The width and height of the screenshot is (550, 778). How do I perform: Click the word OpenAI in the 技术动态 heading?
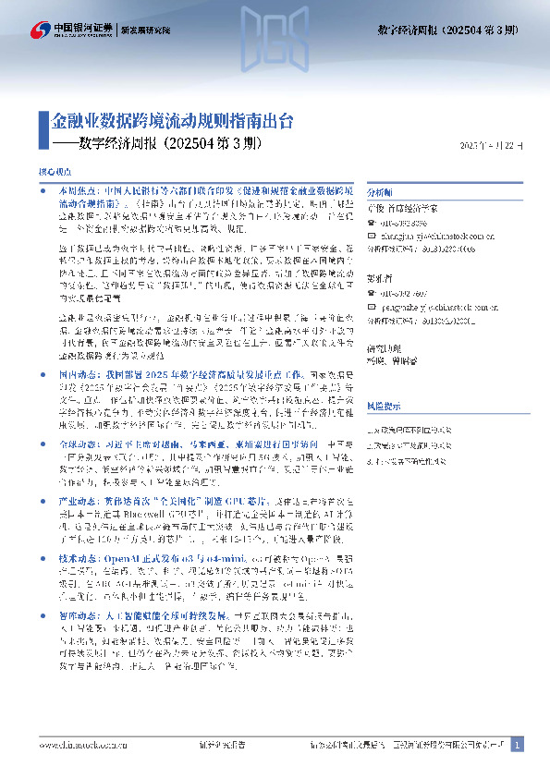pyautogui.click(x=128, y=560)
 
